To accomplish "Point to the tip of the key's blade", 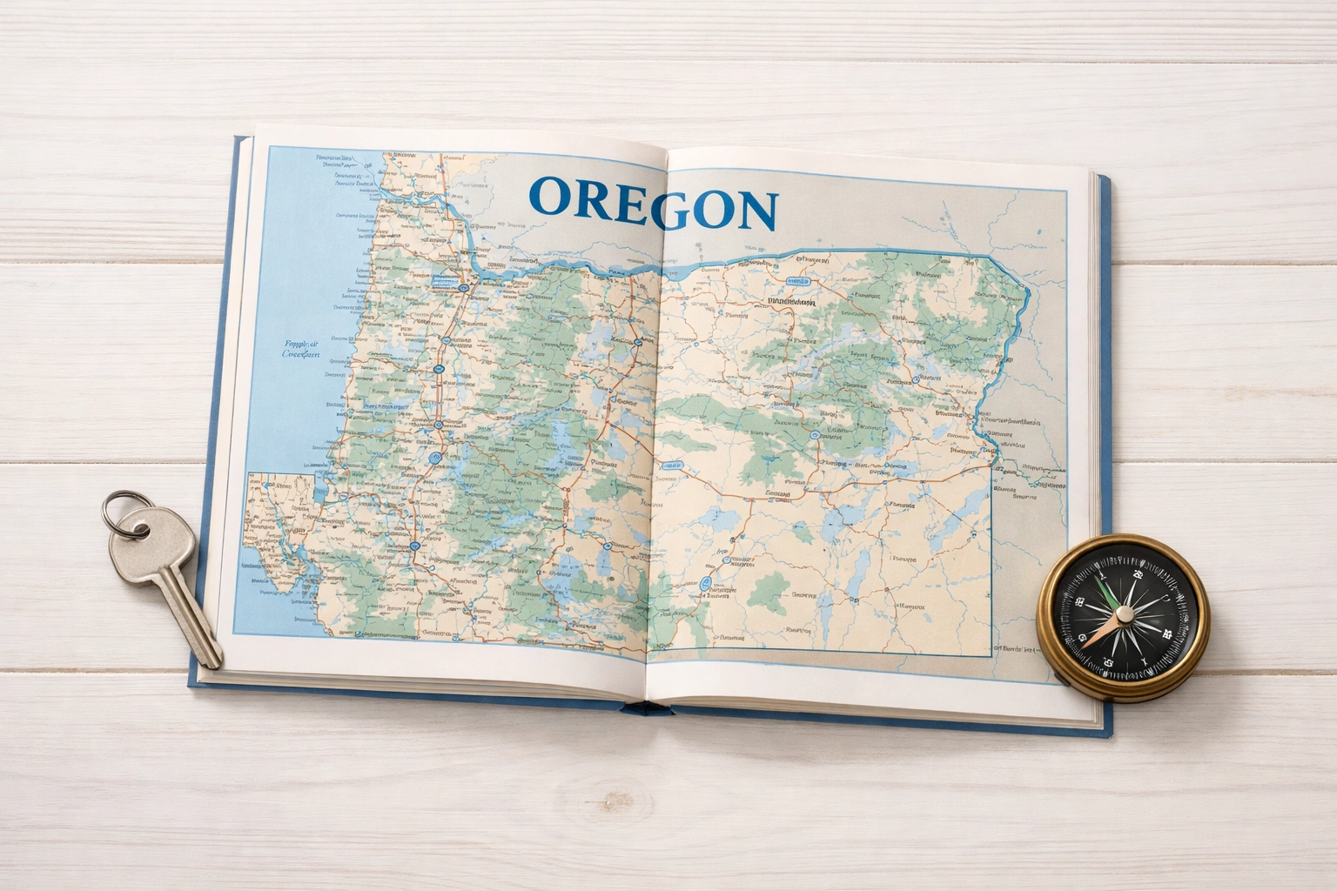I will (x=212, y=663).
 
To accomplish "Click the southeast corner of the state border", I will (x=992, y=653).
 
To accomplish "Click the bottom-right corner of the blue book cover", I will (x=1111, y=738).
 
